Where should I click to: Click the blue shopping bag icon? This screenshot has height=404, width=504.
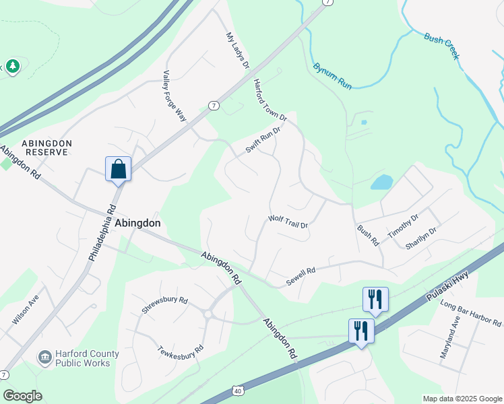pyautogui.click(x=118, y=168)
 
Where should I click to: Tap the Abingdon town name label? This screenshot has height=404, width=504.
pyautogui.click(x=137, y=224)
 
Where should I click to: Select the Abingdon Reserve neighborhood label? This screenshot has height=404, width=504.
pyautogui.click(x=44, y=147)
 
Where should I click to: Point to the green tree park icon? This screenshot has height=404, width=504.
pyautogui.click(x=12, y=66)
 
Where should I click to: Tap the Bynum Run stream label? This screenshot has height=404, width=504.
pyautogui.click(x=332, y=77)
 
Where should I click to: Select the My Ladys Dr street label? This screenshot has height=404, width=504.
pyautogui.click(x=237, y=51)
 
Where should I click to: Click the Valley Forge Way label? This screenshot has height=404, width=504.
pyautogui.click(x=174, y=96)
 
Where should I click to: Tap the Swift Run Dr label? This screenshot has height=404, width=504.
pyautogui.click(x=262, y=140)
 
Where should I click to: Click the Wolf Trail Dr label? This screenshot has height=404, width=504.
pyautogui.click(x=288, y=221)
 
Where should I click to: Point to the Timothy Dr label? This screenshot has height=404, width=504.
pyautogui.click(x=402, y=226)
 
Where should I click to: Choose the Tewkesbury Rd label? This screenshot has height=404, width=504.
pyautogui.click(x=180, y=351)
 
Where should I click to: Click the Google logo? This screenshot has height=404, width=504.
pyautogui.click(x=22, y=396)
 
